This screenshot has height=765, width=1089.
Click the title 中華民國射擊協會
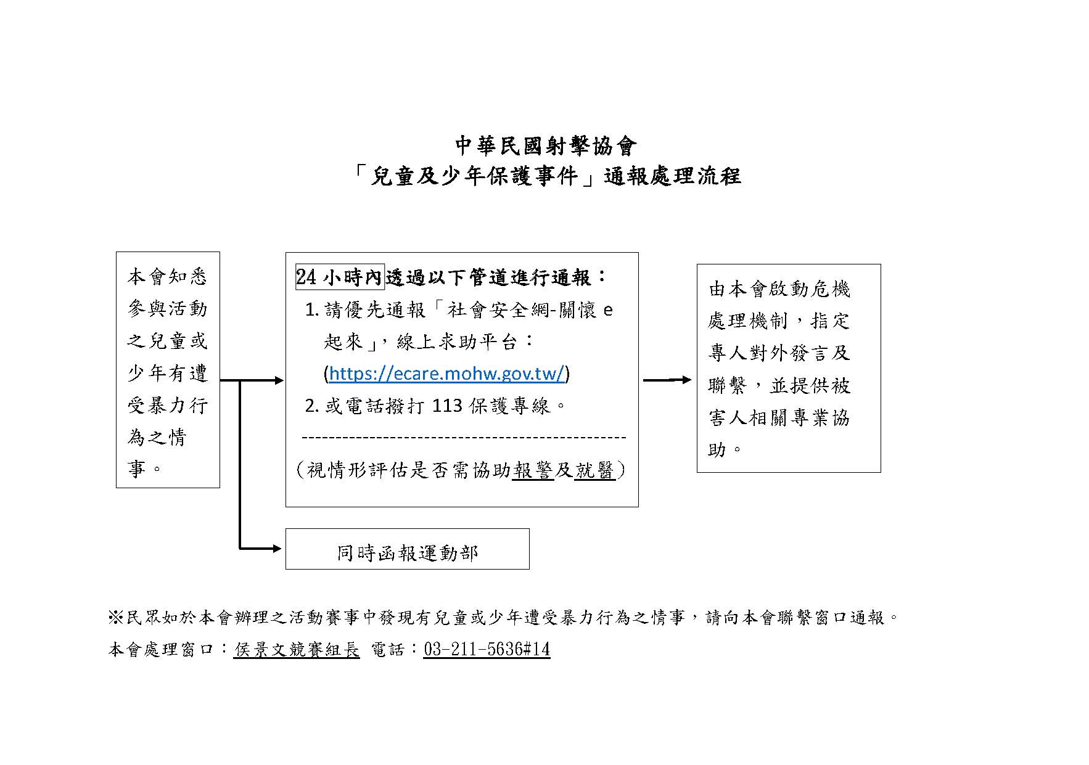pos(544,146)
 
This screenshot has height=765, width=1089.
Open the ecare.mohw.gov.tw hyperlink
pos(446,374)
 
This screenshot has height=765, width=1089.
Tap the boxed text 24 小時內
pos(340,277)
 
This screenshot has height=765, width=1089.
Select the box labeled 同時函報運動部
pos(407,549)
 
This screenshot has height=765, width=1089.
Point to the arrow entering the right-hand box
pos(668,380)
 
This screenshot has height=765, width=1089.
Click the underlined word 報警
pos(533,470)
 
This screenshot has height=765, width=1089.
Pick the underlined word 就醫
pos(594,470)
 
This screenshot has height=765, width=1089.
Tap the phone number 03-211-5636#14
pos(486,649)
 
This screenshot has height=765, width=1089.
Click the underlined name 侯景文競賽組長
pos(296,649)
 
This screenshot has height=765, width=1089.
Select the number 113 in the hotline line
pos(447,406)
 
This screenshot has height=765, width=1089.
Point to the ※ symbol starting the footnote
pos(116,617)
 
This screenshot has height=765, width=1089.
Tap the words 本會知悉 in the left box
pos(167,277)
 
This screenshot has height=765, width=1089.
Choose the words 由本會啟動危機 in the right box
pos(779,288)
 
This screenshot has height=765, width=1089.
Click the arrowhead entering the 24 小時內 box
pos(279,380)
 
